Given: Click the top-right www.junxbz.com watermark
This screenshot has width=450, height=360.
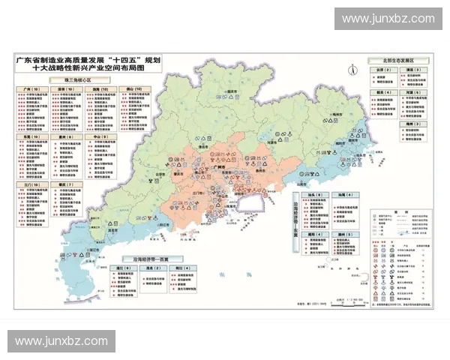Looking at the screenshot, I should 388,19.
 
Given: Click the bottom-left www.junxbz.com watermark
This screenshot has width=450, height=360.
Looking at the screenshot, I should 62,341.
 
